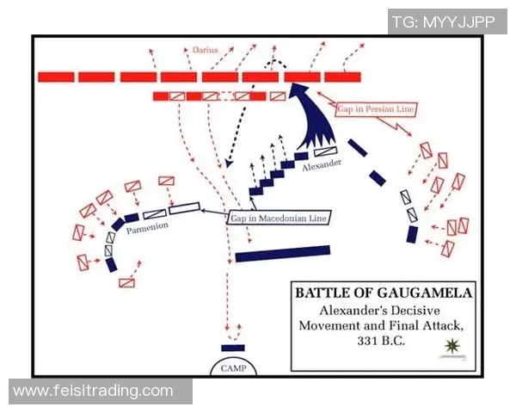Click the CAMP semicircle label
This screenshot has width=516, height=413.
click(232, 366)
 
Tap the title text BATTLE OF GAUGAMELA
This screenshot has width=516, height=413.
click(383, 293)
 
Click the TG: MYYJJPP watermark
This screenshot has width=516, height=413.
click(443, 22)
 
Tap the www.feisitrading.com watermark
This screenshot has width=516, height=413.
click(93, 391)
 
